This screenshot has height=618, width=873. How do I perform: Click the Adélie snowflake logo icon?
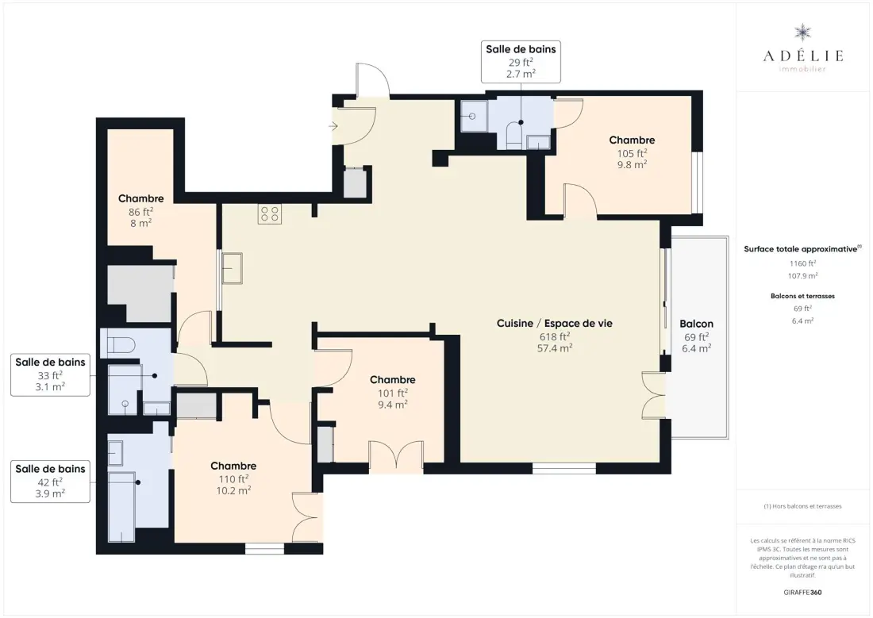coord(802,33)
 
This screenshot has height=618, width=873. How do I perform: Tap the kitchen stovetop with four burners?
coord(270,214)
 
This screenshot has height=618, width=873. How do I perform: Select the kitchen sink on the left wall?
coord(233,268)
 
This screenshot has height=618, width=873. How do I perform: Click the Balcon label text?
coord(696,324)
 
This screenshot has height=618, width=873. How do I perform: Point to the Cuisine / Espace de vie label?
coord(555,324)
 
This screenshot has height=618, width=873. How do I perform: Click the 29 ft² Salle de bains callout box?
coord(521,62)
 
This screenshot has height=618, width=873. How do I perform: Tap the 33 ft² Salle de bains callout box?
coord(50,374)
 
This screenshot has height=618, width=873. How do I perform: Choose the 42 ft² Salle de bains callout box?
coord(50,482)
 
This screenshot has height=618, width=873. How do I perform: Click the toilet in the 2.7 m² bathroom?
coord(513,136)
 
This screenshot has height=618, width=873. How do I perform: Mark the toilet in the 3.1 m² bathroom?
coord(117,344)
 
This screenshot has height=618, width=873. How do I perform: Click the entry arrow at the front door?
coord(333,126)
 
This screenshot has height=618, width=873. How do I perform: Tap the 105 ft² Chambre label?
coord(632,152)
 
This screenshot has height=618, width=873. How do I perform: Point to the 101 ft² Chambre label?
coord(393,392)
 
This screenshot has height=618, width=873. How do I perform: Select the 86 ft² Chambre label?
coord(140,210)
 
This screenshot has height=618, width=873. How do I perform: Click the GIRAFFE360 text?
coord(802,593)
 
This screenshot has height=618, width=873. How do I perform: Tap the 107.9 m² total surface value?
coord(802,275)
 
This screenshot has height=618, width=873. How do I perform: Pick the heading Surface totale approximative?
coord(801,249)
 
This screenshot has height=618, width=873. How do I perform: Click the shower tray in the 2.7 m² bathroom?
coord(474,117)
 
